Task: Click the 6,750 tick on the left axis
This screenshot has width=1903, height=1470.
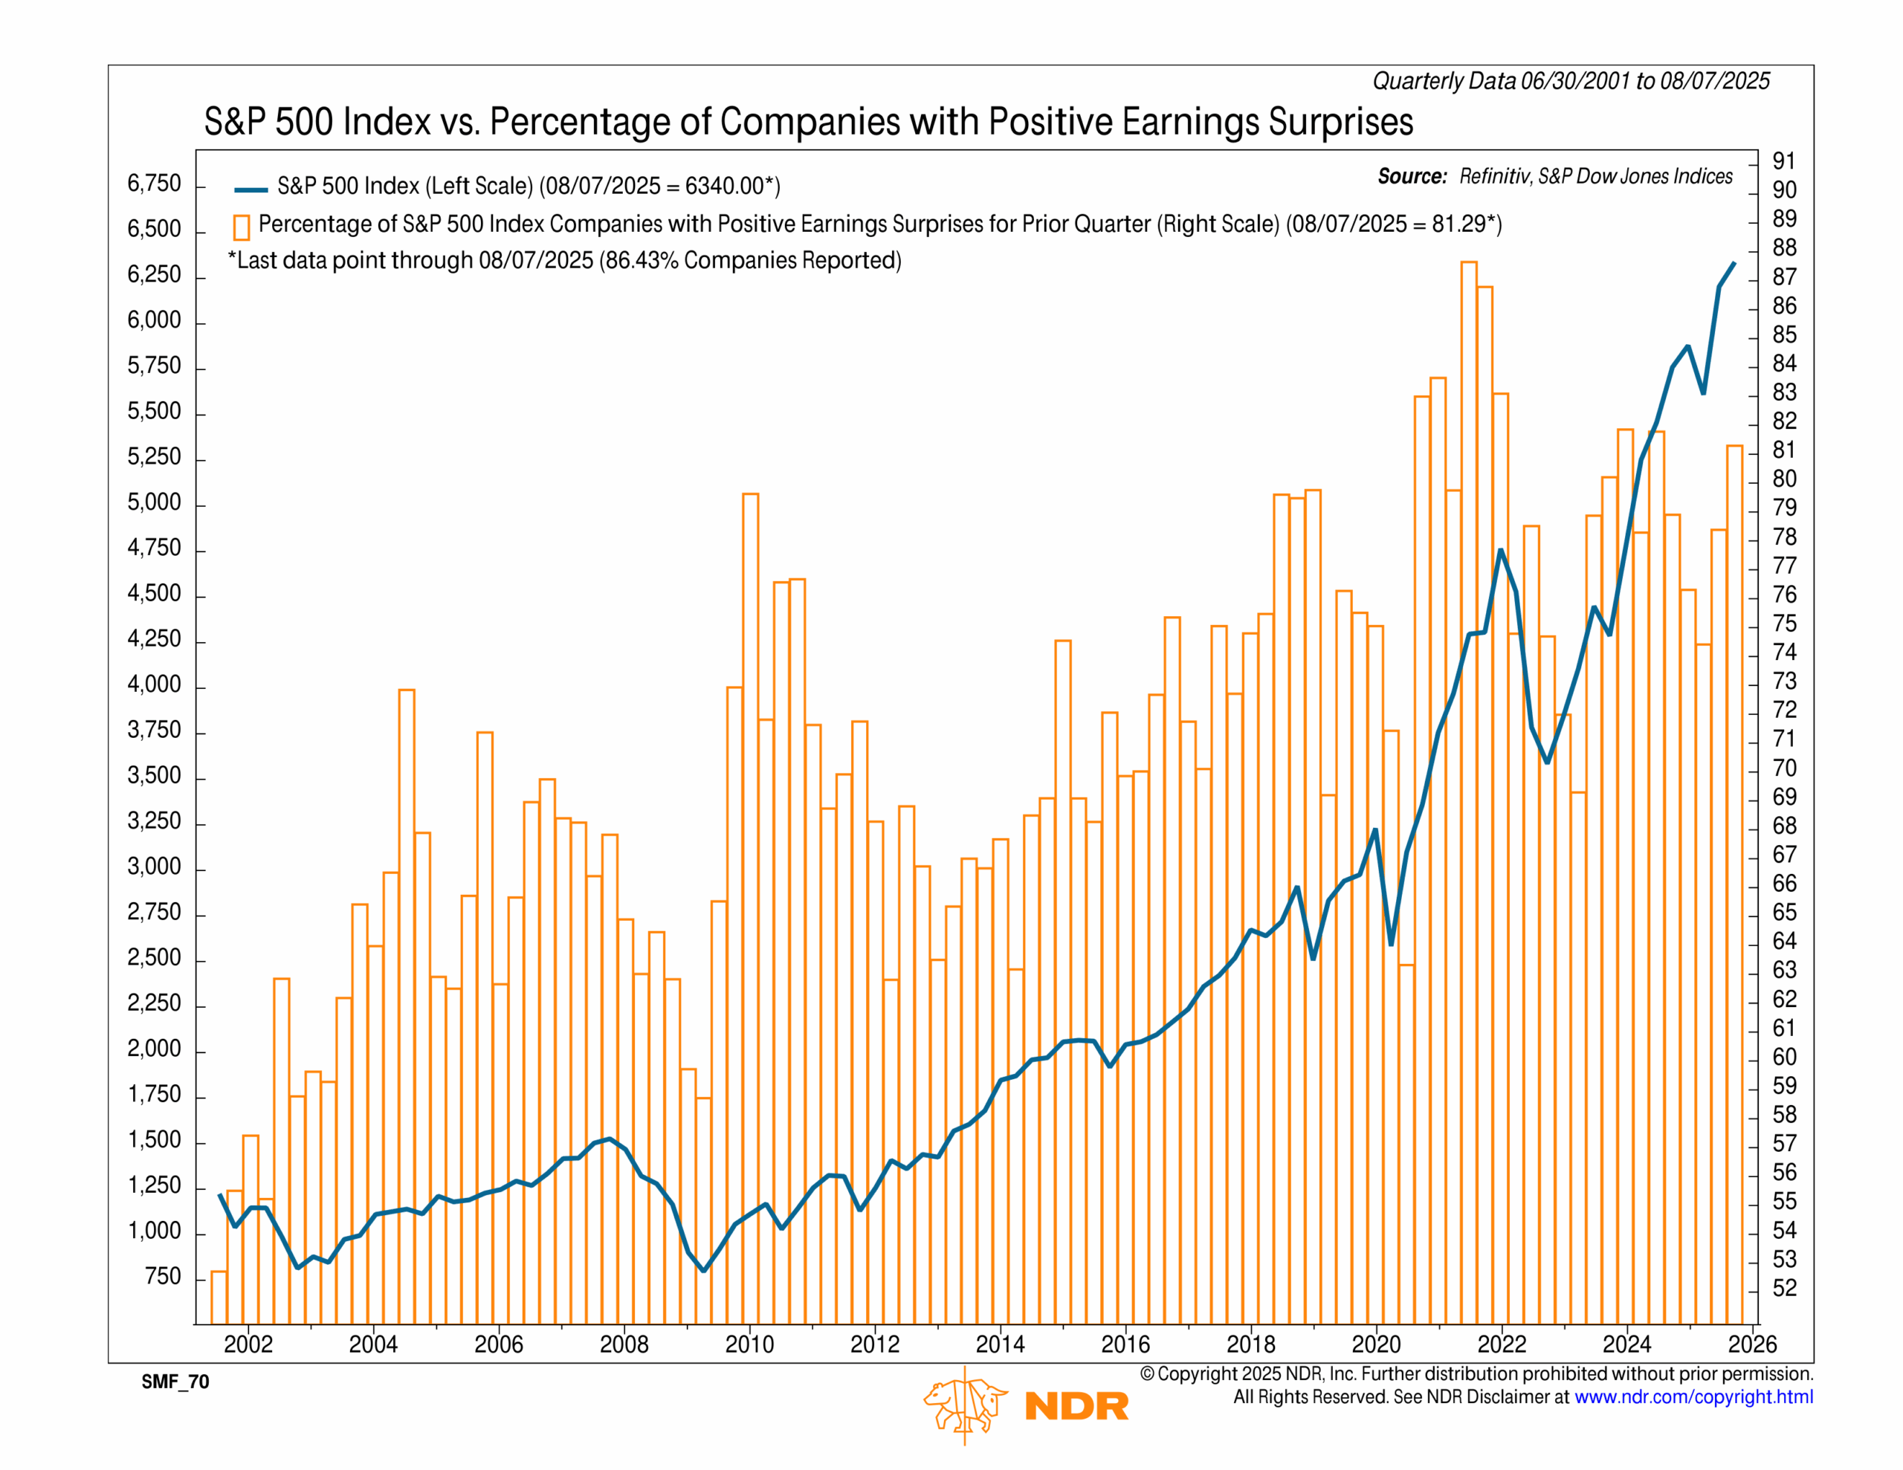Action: (x=154, y=184)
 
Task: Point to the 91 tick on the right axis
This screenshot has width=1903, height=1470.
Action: (x=1783, y=161)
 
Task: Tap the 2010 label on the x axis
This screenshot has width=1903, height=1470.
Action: (x=749, y=1344)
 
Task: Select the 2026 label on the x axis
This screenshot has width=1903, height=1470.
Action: (x=1751, y=1344)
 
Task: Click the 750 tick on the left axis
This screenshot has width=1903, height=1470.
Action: (x=163, y=1277)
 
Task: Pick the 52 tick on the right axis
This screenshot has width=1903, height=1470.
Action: (x=1783, y=1288)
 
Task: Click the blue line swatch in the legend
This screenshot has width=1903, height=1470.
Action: (x=251, y=189)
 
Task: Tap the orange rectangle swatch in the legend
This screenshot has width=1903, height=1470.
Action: (x=242, y=227)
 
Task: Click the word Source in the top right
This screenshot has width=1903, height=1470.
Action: (x=1412, y=177)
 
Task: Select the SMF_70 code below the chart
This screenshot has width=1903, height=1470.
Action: (x=175, y=1382)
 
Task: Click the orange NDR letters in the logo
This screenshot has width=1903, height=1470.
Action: (x=1077, y=1405)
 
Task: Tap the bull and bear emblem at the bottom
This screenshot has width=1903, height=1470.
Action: (x=965, y=1405)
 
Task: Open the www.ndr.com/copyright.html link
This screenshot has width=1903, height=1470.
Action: (x=1693, y=1397)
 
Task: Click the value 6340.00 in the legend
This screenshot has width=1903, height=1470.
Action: (x=724, y=187)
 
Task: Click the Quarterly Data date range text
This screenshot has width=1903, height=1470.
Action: (x=1571, y=81)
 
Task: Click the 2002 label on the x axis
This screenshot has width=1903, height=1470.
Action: (x=248, y=1344)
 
